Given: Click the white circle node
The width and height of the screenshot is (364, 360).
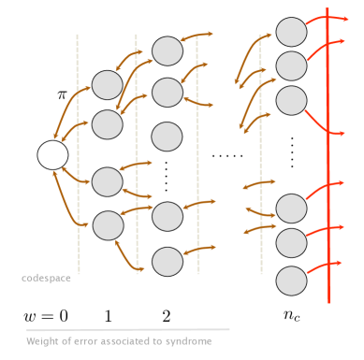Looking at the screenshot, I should tap(52, 155).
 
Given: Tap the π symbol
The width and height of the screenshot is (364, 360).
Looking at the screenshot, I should tap(63, 94).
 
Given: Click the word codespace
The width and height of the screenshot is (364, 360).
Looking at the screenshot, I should tap(47, 278).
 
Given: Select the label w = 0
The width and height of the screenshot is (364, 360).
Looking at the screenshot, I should tap(46, 315).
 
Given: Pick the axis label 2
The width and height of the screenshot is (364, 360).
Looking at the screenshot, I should tap(167, 315).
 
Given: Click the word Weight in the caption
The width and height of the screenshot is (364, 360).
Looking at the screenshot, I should tap(43, 340).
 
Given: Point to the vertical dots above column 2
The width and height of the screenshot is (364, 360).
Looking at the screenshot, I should tap(167, 175).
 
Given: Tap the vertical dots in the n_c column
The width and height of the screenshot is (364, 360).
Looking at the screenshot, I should tap(292, 151).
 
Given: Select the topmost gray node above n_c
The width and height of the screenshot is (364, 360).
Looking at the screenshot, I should tap(291, 32).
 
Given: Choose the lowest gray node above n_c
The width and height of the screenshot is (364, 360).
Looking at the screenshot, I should tap(291, 280).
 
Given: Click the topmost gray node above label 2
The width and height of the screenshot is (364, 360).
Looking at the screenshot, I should tap(167, 50).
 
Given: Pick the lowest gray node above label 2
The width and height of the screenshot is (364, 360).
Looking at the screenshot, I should tap(167, 261).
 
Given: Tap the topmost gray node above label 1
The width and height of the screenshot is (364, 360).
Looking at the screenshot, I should tap(107, 86).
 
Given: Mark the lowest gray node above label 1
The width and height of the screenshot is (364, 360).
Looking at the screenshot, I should tap(109, 224).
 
